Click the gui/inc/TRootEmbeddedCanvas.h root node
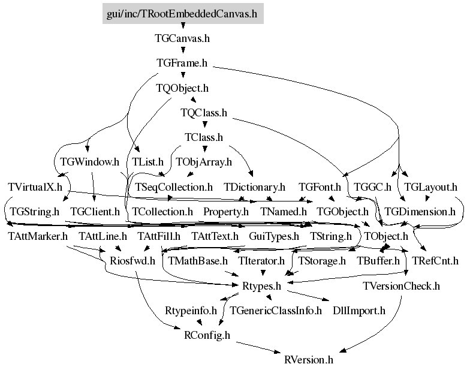tap(183, 13)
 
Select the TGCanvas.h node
tap(182, 38)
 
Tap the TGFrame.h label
tap(182, 63)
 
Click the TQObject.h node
tap(182, 88)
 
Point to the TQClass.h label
tap(204, 113)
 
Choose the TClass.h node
tap(204, 137)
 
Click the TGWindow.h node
tap(90, 162)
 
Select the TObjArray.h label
tap(204, 162)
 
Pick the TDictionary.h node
tap(255, 187)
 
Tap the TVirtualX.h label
tap(35, 187)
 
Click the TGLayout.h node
tap(430, 187)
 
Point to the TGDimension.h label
tap(420, 212)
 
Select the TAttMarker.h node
tap(38, 236)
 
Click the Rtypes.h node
tap(261, 286)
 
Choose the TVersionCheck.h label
tap(401, 286)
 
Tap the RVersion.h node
tap(309, 360)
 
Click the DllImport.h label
tap(359, 311)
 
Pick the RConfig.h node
tap(207, 335)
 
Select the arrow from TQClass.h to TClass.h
tap(204, 124)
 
